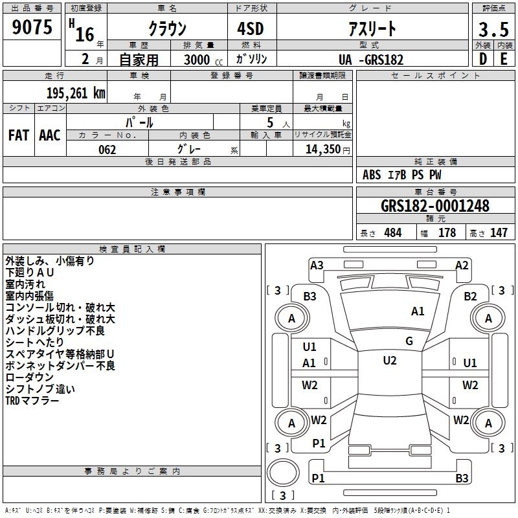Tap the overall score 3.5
pos(493,30)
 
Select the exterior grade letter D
pos(483,59)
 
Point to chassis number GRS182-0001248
pos(435,206)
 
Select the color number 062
pos(107,150)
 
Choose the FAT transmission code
pos(18,135)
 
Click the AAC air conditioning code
pos(50,135)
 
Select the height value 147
pos(499,233)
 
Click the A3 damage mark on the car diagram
pos(317,265)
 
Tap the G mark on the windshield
pos(409,341)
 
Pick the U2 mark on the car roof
pos(389,361)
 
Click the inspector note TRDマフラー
pos(32,401)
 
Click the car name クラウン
pos(167,30)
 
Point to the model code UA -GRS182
pos(371,60)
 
